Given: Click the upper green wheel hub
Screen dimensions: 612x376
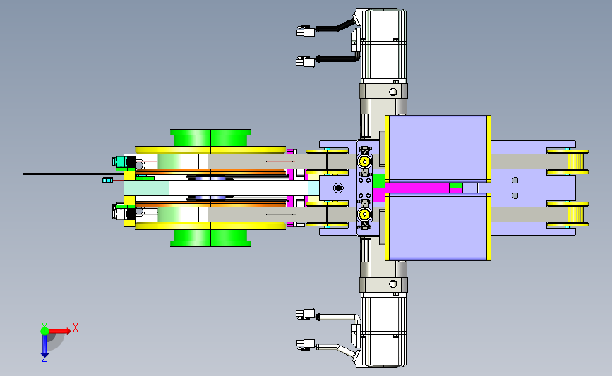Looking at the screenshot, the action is pos(210,138).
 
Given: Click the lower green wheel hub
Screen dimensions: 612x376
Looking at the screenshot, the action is pos(210,238).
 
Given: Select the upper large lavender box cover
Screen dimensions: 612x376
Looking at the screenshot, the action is pos(438,149).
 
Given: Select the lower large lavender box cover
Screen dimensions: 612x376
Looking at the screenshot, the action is pos(438,226).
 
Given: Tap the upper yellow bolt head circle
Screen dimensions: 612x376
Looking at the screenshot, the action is pos(364,161).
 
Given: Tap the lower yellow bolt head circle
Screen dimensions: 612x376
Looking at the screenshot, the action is pos(364,214).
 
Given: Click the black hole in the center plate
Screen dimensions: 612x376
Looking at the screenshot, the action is pos(338,188).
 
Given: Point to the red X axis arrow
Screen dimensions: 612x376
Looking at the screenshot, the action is pos(59,331).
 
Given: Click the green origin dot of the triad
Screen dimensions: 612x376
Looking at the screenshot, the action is pos(44,331).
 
